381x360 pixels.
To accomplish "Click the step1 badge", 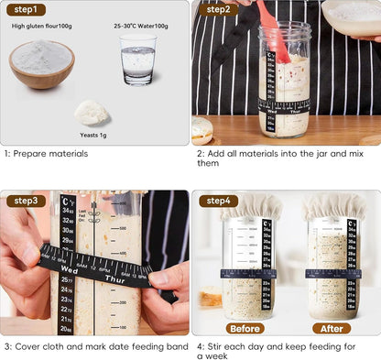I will [x=26, y=10].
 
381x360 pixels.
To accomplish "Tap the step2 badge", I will [x=218, y=10].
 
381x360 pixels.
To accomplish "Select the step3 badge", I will [x=26, y=201].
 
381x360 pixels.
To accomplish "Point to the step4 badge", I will [x=218, y=201].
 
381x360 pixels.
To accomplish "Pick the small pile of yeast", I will [x=92, y=113].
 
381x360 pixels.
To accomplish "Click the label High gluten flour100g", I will [x=41, y=27].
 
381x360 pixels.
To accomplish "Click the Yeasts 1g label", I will [x=93, y=134].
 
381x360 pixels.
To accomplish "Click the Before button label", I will [x=245, y=328].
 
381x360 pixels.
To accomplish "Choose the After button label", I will [x=331, y=328].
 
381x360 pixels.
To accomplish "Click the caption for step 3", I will [x=88, y=347].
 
